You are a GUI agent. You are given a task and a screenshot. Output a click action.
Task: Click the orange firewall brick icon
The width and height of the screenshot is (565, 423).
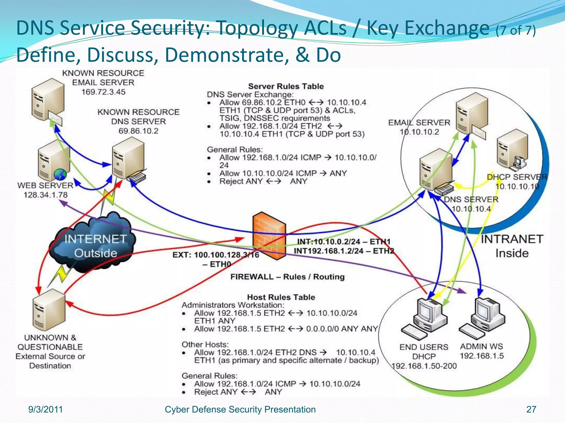(x=269, y=236)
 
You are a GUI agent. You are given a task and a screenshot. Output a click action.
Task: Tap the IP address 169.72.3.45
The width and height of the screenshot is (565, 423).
(x=103, y=92)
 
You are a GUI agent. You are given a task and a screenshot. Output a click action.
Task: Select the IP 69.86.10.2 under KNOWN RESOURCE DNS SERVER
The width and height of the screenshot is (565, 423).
(x=138, y=131)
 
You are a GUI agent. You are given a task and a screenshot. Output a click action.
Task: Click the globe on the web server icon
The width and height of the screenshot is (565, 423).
(x=60, y=175)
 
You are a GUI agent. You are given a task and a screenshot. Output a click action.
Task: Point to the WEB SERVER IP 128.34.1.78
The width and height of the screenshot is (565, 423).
(x=46, y=195)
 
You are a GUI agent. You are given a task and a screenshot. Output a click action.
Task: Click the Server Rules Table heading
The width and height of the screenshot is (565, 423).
(x=286, y=86)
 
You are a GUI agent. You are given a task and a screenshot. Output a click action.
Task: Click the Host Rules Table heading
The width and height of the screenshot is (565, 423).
(x=281, y=297)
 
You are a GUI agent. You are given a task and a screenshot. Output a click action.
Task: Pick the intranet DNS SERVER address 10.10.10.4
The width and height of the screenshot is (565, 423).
(x=471, y=209)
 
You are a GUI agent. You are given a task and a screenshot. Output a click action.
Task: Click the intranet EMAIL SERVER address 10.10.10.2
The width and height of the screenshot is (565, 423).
(x=419, y=132)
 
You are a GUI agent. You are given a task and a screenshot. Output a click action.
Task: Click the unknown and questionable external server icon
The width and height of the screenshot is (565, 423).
(x=49, y=310)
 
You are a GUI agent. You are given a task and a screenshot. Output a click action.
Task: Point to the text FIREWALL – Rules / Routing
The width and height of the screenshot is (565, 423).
(x=287, y=277)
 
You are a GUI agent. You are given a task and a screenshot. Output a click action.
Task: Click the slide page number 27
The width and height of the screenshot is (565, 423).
(x=531, y=410)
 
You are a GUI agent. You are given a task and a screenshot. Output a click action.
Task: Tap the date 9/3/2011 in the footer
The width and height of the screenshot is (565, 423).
(x=46, y=410)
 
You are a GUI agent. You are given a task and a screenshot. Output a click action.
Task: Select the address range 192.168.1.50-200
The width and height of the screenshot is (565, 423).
(x=424, y=366)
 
